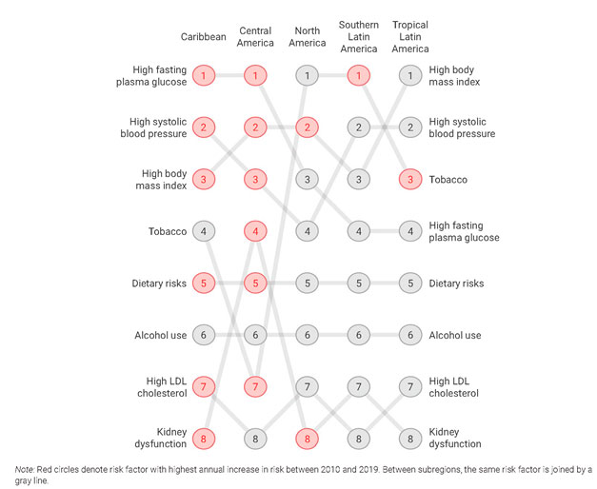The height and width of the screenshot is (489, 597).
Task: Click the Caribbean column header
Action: [204, 37]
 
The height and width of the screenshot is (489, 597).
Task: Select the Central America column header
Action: [255, 37]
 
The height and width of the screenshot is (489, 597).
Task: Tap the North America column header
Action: [307, 37]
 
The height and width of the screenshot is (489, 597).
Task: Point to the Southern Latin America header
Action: [358, 37]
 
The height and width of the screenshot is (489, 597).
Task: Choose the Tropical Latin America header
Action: [409, 37]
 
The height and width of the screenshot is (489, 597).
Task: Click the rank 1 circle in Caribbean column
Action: [204, 75]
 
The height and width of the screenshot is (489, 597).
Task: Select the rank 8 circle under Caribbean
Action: [204, 439]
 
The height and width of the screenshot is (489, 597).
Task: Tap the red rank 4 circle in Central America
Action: [255, 231]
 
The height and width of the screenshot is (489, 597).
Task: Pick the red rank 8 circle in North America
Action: [307, 439]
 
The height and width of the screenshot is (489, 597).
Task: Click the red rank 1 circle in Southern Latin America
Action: [358, 75]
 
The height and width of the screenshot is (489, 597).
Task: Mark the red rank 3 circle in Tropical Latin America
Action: [409, 179]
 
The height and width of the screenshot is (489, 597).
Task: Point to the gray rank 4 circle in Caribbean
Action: [204, 231]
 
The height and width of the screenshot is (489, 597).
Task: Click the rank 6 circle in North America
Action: [307, 335]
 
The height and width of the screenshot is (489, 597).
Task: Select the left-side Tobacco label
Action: [168, 231]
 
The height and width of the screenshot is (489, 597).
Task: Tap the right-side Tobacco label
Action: [448, 179]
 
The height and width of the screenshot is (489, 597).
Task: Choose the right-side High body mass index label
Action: [455, 75]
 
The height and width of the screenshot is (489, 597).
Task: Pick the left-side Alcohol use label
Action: [161, 335]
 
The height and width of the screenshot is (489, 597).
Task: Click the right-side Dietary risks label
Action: [456, 284]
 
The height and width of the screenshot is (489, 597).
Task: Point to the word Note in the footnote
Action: [26, 469]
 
